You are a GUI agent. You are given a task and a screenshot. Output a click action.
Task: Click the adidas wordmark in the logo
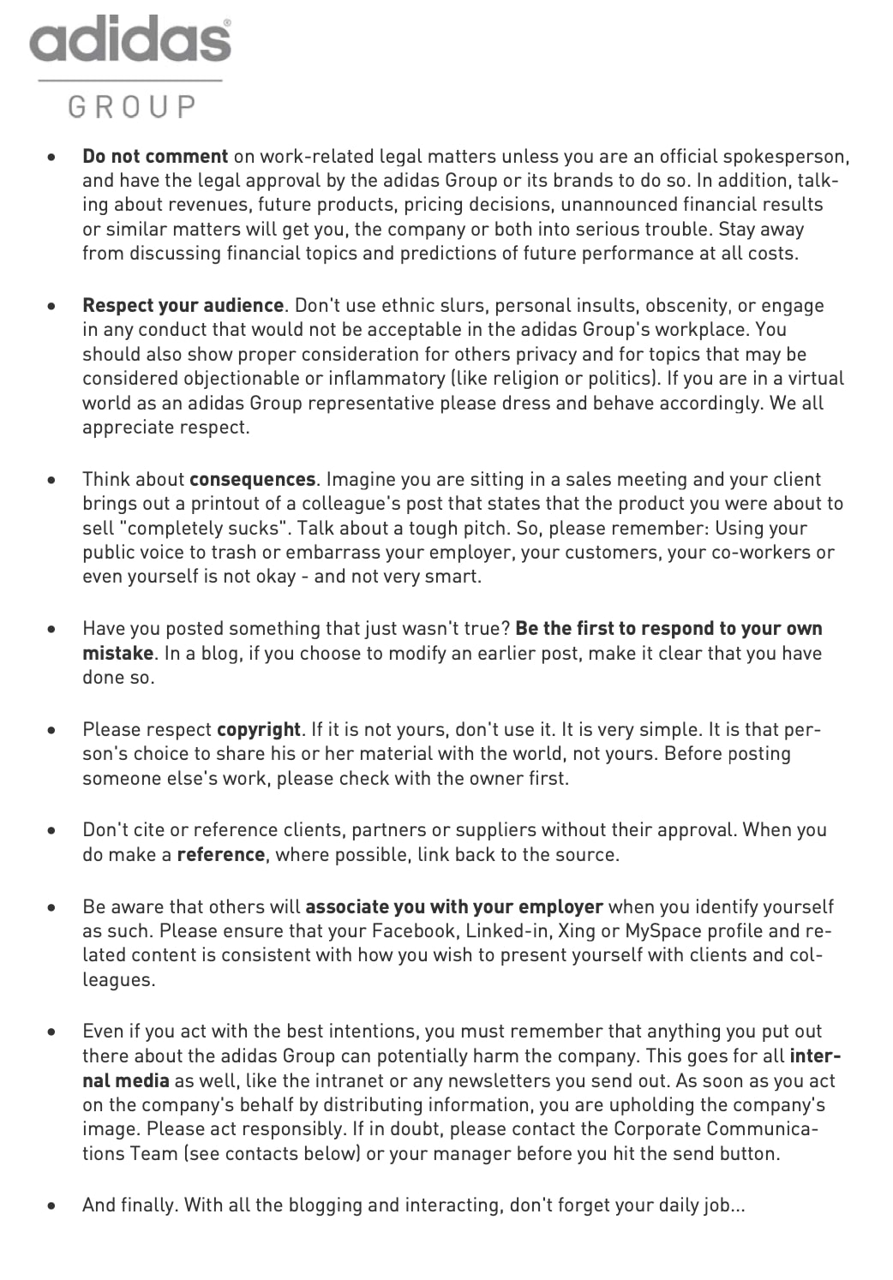pyautogui.click(x=130, y=39)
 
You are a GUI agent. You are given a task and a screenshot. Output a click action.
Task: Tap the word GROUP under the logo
pyautogui.click(x=133, y=107)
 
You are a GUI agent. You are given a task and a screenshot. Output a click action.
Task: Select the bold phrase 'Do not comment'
pyautogui.click(x=155, y=156)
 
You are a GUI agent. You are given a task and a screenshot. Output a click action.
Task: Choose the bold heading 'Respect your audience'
pyautogui.click(x=183, y=305)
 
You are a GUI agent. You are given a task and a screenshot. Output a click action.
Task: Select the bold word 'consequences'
pyautogui.click(x=252, y=479)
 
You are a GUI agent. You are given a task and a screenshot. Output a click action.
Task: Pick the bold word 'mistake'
pyautogui.click(x=117, y=653)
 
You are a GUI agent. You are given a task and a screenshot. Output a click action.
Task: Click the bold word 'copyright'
pyautogui.click(x=258, y=729)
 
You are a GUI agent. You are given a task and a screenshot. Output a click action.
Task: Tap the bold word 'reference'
pyautogui.click(x=220, y=854)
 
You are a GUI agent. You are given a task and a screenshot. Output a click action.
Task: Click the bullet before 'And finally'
pyautogui.click(x=53, y=1205)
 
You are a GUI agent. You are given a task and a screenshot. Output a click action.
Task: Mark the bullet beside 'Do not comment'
pyautogui.click(x=53, y=157)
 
